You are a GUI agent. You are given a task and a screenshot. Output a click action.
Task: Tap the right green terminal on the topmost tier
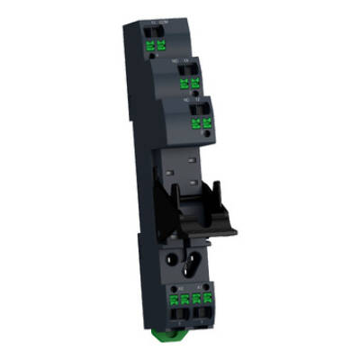(x=161, y=46)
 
